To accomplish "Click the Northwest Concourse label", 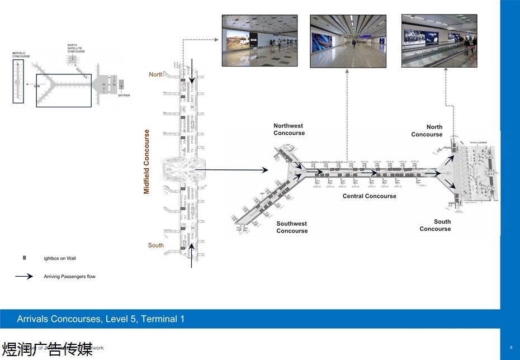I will [x=289, y=130].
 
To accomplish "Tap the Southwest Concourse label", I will [x=292, y=227].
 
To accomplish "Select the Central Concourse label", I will [x=369, y=196].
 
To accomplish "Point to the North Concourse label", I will [x=427, y=131].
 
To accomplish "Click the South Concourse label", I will [x=436, y=225].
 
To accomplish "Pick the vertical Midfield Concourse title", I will [x=147, y=162].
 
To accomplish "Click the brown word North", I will [x=156, y=74].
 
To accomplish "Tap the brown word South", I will [x=156, y=245].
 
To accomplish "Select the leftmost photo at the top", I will [x=259, y=41].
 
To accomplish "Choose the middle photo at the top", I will [x=347, y=41].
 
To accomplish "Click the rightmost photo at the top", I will [x=439, y=41].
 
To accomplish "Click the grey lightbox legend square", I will [x=24, y=258].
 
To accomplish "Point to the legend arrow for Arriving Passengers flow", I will [x=23, y=276].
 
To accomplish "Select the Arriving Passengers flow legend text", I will [x=69, y=277].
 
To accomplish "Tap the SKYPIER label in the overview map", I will [x=124, y=96].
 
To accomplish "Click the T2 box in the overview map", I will [x=114, y=84].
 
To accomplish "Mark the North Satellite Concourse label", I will [x=75, y=48].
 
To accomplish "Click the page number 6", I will [x=510, y=348].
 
